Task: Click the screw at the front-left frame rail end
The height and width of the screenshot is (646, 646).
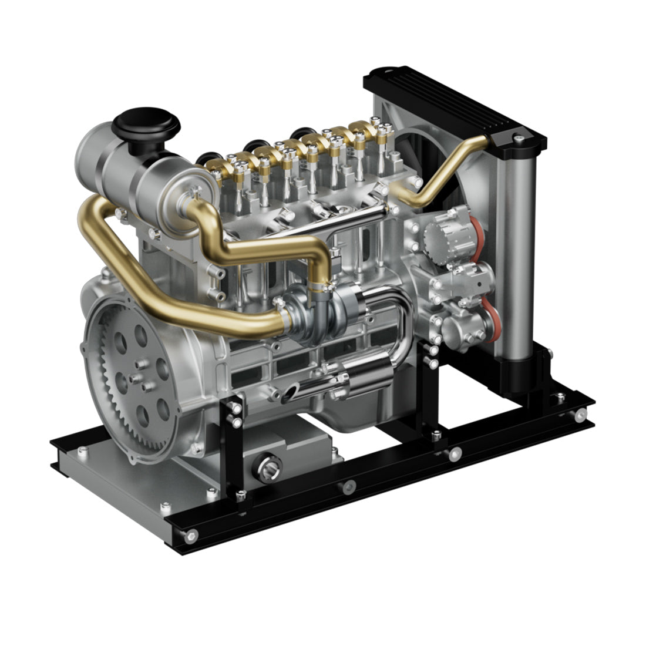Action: point(190,535)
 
